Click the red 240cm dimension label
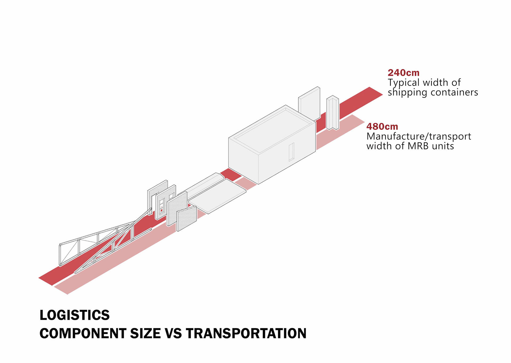pos(403,73)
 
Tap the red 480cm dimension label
pos(382,126)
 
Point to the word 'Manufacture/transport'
pos(419,136)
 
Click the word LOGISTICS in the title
pos(75,315)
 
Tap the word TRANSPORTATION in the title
pos(246,333)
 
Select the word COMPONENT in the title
pos(83,333)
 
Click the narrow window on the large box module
pos(291,152)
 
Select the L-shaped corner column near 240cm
pos(333,113)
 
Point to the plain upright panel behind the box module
pos(309,104)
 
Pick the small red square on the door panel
pos(161,210)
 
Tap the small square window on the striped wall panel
pos(171,196)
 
